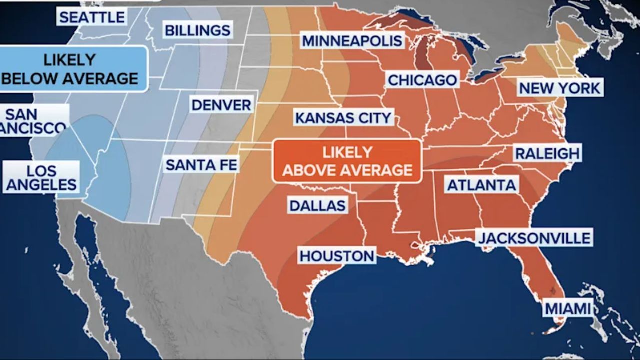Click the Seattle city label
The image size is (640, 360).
click(92, 17)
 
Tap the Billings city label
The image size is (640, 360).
click(198, 30)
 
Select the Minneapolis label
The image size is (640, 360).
click(352, 40)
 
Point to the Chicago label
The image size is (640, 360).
click(422, 80)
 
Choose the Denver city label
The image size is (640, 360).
click(221, 105)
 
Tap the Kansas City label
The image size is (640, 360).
click(343, 118)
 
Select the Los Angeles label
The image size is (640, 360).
click(41, 178)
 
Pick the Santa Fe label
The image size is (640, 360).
click(201, 164)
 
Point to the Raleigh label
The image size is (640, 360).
click(547, 153)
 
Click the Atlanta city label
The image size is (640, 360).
click(481, 185)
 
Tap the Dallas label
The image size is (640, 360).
click(317, 205)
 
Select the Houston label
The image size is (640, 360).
click(337, 256)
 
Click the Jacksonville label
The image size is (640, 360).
click(534, 237)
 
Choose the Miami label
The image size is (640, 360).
click(567, 309)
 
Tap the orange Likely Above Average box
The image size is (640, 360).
click(347, 161)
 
